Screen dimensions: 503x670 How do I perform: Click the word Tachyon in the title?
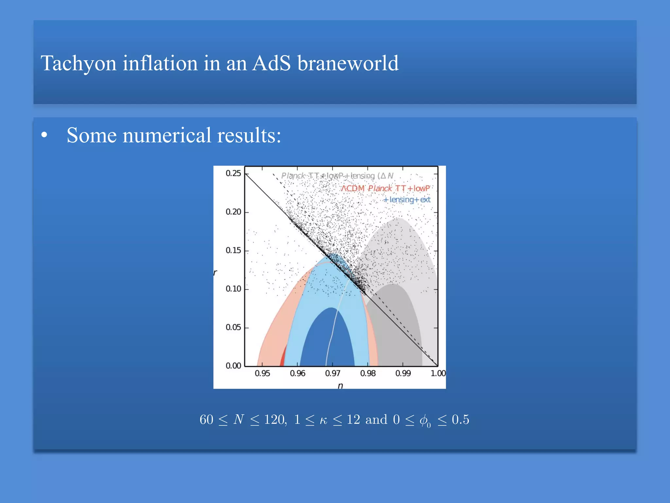pos(79,63)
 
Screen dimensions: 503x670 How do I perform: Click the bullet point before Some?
pos(44,135)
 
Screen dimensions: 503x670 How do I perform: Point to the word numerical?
pos(167,135)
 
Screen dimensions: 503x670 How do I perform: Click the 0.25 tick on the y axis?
pos(233,173)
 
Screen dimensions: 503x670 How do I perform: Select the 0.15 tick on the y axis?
pos(233,251)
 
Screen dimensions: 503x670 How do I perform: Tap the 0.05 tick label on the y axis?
pos(233,327)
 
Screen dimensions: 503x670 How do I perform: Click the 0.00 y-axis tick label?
pos(233,366)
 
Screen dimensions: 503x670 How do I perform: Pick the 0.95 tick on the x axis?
pos(262,373)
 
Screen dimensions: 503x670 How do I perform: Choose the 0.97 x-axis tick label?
pos(333,373)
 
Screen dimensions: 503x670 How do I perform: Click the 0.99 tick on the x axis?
pos(403,373)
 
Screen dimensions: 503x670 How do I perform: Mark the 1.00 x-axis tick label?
pos(438,373)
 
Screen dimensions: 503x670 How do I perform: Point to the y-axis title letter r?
pos(215,272)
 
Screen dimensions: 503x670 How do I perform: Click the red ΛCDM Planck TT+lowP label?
pos(385,188)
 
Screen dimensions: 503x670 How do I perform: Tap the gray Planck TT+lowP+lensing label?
pos(337,176)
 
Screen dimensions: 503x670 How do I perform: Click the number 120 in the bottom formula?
pos(274,419)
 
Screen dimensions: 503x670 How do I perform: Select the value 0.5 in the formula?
pos(460,419)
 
